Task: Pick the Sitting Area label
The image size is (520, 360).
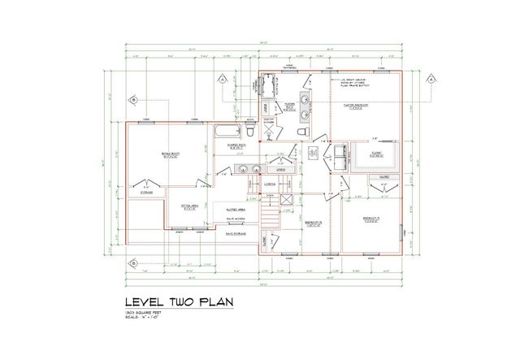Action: tap(190, 206)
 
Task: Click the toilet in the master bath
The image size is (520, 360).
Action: tap(301, 132)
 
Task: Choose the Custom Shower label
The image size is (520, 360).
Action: tap(271, 122)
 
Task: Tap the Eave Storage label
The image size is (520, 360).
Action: tap(236, 232)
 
